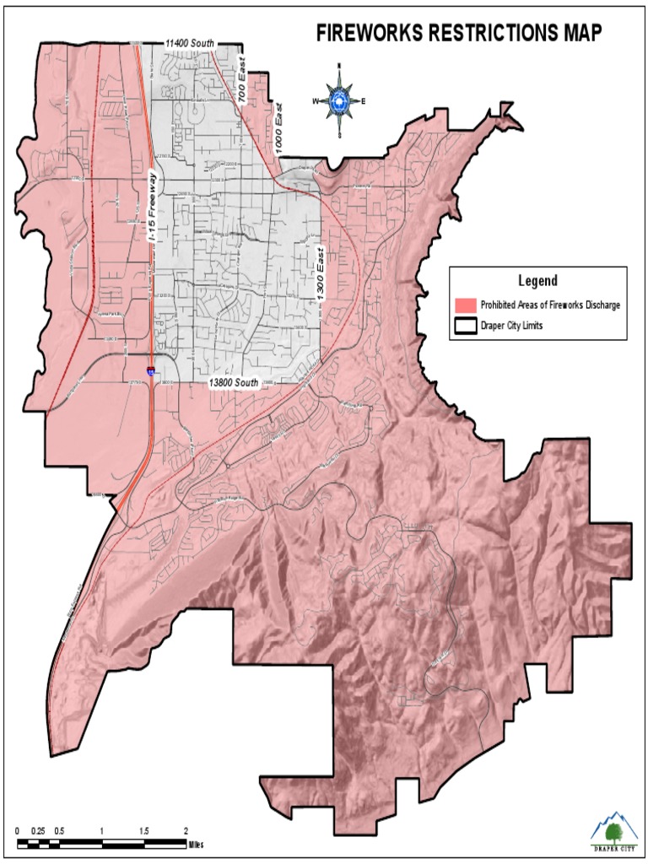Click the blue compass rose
coord(339,101)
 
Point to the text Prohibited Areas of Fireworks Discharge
coord(550,305)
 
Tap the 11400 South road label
coord(190,42)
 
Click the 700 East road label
coord(247,87)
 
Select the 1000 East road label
coord(282,133)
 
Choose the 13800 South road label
coord(234,382)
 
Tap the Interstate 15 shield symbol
coord(151,370)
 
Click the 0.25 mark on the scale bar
coord(38,831)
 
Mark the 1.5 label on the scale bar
coord(144,831)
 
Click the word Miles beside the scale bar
coord(196,844)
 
